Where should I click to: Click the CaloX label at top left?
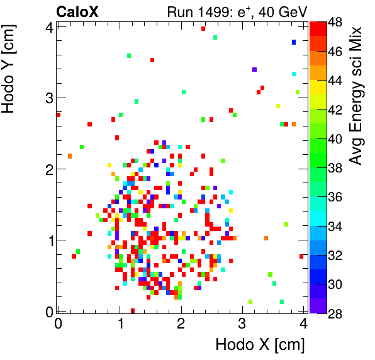coord(77,11)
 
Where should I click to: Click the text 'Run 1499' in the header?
coord(193,11)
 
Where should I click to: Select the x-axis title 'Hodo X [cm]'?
coord(260,345)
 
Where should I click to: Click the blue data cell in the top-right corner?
coord(294,42)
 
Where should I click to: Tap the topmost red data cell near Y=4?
coord(203,28)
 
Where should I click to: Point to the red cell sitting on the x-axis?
coord(133,310)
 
